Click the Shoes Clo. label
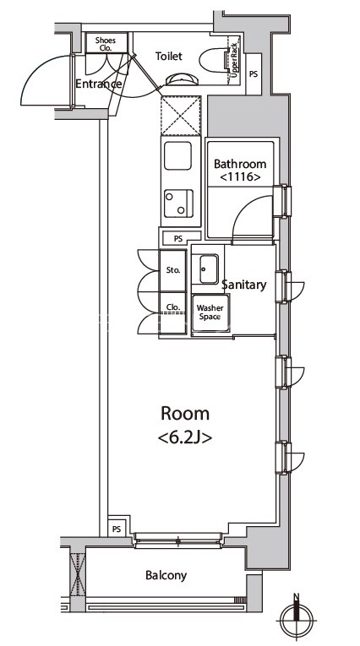[106, 44]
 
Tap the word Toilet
[169, 56]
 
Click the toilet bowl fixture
[213, 60]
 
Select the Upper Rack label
[234, 60]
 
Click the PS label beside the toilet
[254, 74]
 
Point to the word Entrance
[99, 84]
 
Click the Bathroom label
[240, 164]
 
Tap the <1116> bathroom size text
[240, 177]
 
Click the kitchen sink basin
[177, 155]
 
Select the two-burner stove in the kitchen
[178, 204]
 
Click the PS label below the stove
[178, 238]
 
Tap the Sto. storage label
[173, 271]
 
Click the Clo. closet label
[172, 307]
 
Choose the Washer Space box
[210, 312]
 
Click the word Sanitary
[244, 285]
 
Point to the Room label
[185, 413]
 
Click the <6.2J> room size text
[185, 437]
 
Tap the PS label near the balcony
[117, 529]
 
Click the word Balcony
[166, 576]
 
